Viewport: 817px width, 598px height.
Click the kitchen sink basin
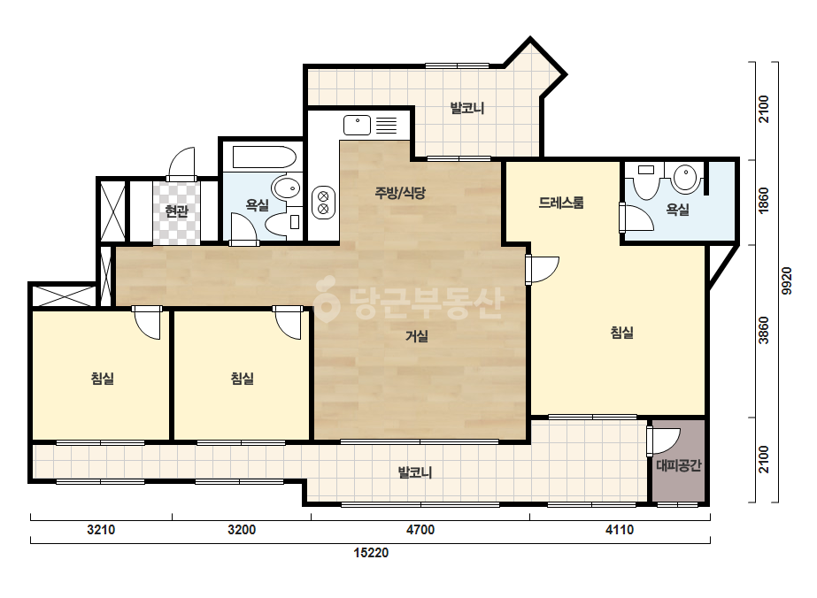tap(357, 125)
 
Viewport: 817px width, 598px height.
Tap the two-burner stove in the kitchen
tap(322, 203)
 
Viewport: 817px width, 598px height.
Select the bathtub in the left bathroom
tap(264, 157)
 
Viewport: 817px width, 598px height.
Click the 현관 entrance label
tap(176, 211)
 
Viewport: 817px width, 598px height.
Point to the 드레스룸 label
tap(561, 202)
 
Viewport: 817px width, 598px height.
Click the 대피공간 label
tap(678, 465)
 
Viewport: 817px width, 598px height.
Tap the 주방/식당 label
tap(400, 193)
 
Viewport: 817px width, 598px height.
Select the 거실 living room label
tap(417, 336)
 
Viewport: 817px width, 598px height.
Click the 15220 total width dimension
tap(371, 553)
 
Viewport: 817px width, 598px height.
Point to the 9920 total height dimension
tap(787, 280)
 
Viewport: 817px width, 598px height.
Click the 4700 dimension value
tap(420, 530)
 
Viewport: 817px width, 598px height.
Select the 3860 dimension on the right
tap(763, 330)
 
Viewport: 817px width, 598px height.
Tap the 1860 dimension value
tap(763, 200)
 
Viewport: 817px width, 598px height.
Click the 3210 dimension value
tap(101, 530)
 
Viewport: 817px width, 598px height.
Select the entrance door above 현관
tap(181, 164)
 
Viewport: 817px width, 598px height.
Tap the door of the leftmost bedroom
tap(148, 322)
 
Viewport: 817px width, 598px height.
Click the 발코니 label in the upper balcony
tap(467, 108)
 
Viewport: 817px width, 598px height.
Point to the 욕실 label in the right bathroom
tap(677, 210)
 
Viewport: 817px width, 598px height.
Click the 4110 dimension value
tap(620, 530)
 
